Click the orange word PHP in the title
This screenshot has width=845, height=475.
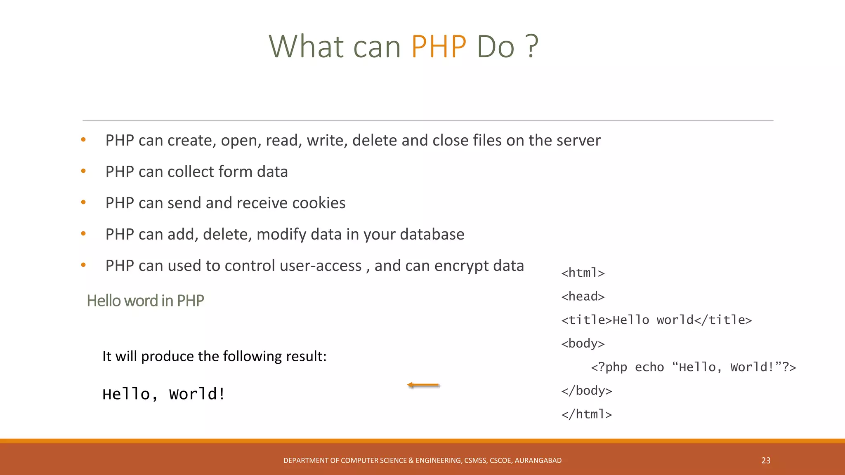[439, 46]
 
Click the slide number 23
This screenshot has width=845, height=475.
[766, 461]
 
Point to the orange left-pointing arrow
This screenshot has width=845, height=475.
[423, 385]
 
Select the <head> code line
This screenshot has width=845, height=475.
[583, 296]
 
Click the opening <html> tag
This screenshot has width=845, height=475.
[583, 273]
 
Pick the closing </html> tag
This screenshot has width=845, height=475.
[586, 414]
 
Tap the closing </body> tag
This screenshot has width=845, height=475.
[586, 391]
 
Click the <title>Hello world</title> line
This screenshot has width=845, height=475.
[656, 320]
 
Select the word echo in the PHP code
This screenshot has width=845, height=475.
[649, 367]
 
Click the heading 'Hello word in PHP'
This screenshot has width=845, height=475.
[145, 301]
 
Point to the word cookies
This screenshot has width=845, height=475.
[319, 203]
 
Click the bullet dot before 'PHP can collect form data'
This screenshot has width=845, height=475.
[83, 171]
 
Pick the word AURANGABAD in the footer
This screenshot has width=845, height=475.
[538, 461]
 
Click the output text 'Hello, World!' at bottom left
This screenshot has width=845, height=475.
[163, 394]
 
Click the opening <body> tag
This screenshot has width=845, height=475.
[583, 343]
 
